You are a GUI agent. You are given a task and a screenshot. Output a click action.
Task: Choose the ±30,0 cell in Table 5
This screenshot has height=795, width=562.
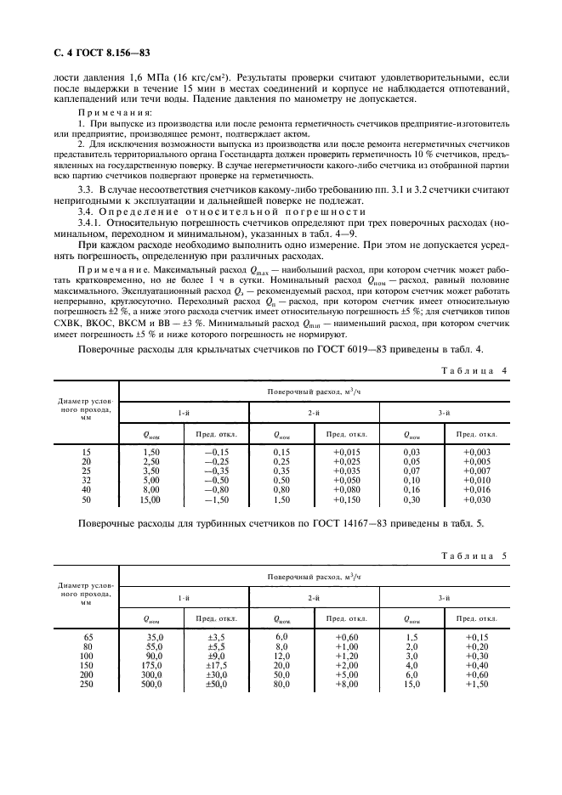coord(217,677)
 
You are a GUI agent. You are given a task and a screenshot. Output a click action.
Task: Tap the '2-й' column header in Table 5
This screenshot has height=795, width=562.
coord(314,598)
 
